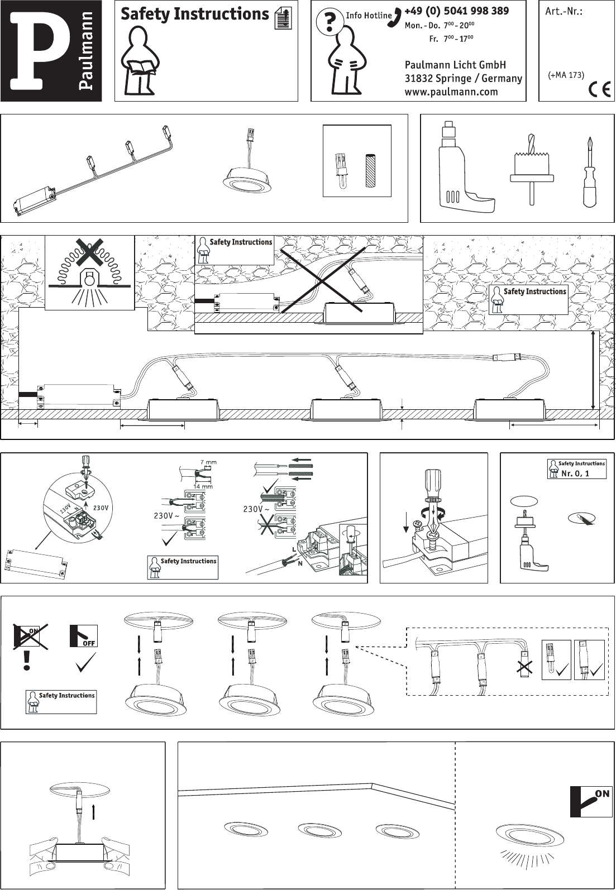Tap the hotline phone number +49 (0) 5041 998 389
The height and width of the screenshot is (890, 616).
(456, 11)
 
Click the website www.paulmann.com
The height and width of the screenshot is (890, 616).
(451, 92)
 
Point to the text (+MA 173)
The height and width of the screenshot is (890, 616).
(566, 75)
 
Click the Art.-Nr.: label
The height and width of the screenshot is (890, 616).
(564, 11)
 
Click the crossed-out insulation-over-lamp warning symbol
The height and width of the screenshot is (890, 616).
(89, 272)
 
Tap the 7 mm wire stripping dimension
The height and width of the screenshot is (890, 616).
(208, 462)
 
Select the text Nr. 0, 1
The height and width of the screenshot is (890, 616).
(575, 473)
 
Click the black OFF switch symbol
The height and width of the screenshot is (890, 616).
(84, 637)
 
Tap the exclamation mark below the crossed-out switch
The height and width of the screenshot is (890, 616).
(26, 662)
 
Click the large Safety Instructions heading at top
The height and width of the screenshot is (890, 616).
(194, 14)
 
